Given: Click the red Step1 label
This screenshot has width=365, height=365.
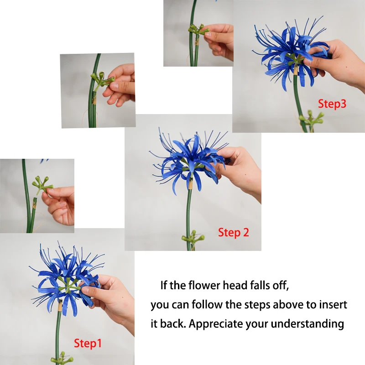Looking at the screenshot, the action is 88,344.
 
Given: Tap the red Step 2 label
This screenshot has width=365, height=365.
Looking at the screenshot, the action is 234,233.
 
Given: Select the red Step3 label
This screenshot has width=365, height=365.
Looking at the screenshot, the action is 332,104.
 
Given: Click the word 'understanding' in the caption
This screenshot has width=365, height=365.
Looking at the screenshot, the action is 308,324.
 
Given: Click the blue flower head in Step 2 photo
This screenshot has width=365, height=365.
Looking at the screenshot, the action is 189,161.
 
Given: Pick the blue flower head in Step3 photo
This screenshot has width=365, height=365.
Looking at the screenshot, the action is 291,53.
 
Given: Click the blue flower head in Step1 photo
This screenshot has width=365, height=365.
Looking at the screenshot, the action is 67,279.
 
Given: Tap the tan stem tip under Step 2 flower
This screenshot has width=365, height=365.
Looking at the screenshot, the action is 190,184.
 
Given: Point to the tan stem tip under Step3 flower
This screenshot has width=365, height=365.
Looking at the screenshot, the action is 296,70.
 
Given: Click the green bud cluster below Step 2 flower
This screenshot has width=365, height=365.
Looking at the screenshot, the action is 193,238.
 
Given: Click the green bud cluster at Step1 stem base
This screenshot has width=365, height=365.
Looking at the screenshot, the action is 62,359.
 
